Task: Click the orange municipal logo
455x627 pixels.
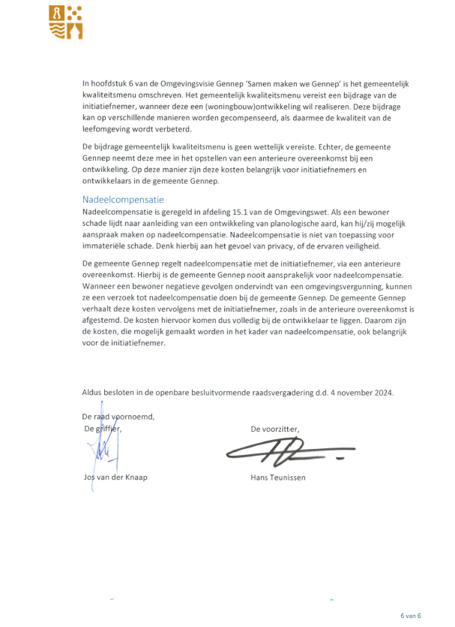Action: pos(65,21)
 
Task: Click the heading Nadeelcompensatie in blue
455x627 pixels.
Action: pos(123,200)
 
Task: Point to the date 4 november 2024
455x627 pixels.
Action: pos(361,392)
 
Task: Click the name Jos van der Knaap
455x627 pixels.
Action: pos(115,478)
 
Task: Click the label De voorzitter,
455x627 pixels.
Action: pos(274,429)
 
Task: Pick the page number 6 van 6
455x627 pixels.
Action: pos(411,615)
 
